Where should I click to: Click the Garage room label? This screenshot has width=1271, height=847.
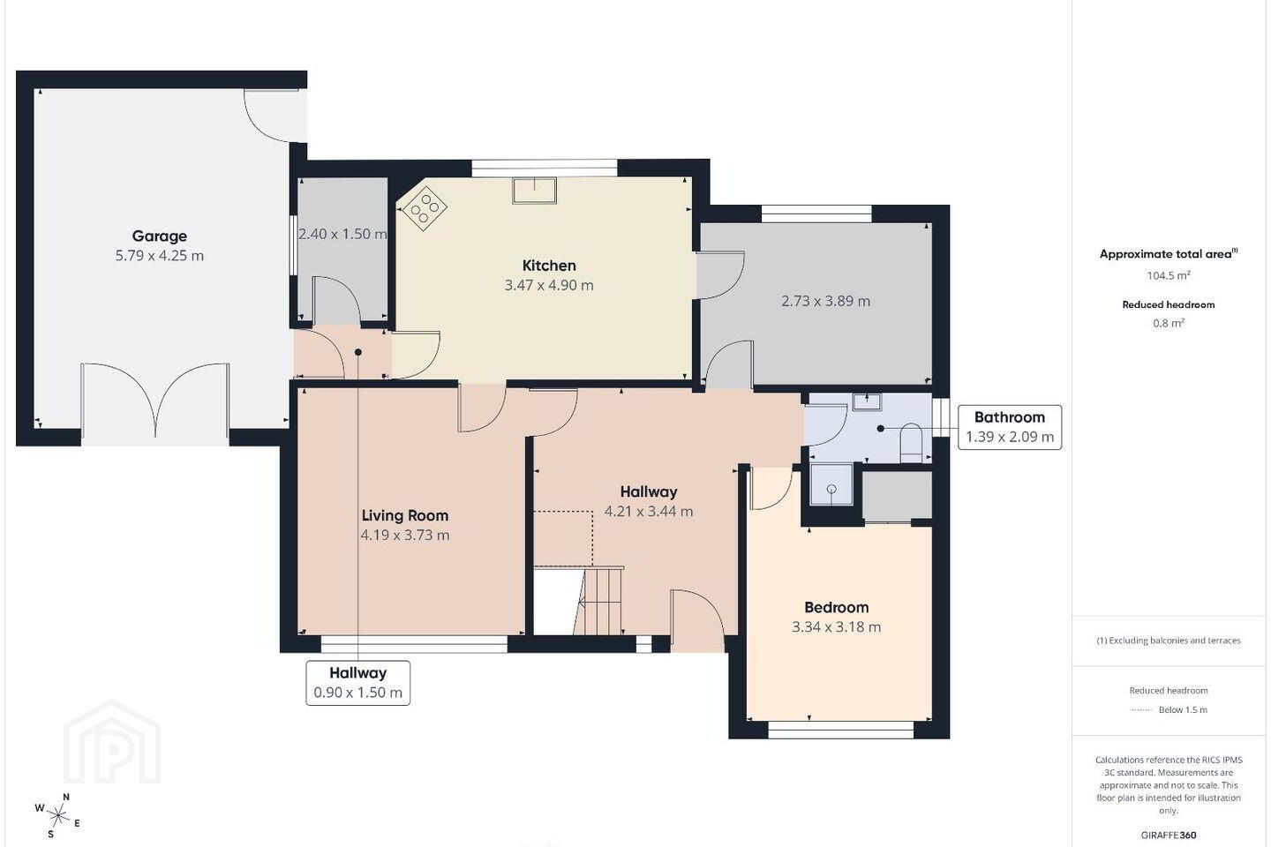click(160, 236)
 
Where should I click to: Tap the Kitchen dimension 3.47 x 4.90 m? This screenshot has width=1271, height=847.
click(549, 285)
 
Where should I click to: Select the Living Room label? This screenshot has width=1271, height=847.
click(405, 515)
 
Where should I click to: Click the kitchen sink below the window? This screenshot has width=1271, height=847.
click(535, 190)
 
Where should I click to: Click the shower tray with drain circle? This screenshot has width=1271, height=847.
click(831, 484)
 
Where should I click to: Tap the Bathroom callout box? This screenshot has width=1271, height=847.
click(1010, 427)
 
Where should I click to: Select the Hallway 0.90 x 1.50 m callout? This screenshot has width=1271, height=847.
click(358, 683)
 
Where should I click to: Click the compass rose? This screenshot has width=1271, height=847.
click(58, 816)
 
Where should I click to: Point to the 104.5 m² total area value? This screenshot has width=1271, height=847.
click(1169, 275)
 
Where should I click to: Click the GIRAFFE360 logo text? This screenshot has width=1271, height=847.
click(1169, 835)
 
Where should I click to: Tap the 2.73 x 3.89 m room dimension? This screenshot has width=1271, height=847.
click(825, 301)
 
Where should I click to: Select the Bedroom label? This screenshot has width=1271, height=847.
click(837, 608)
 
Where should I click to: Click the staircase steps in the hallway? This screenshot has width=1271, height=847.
click(600, 602)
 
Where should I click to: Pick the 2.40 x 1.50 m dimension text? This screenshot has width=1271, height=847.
click(342, 234)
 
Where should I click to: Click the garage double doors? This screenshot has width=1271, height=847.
click(155, 401)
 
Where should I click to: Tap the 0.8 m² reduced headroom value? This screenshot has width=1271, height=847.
click(1169, 324)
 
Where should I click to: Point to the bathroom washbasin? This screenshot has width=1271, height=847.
click(867, 401)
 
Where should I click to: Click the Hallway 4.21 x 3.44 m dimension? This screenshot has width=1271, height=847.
click(649, 511)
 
